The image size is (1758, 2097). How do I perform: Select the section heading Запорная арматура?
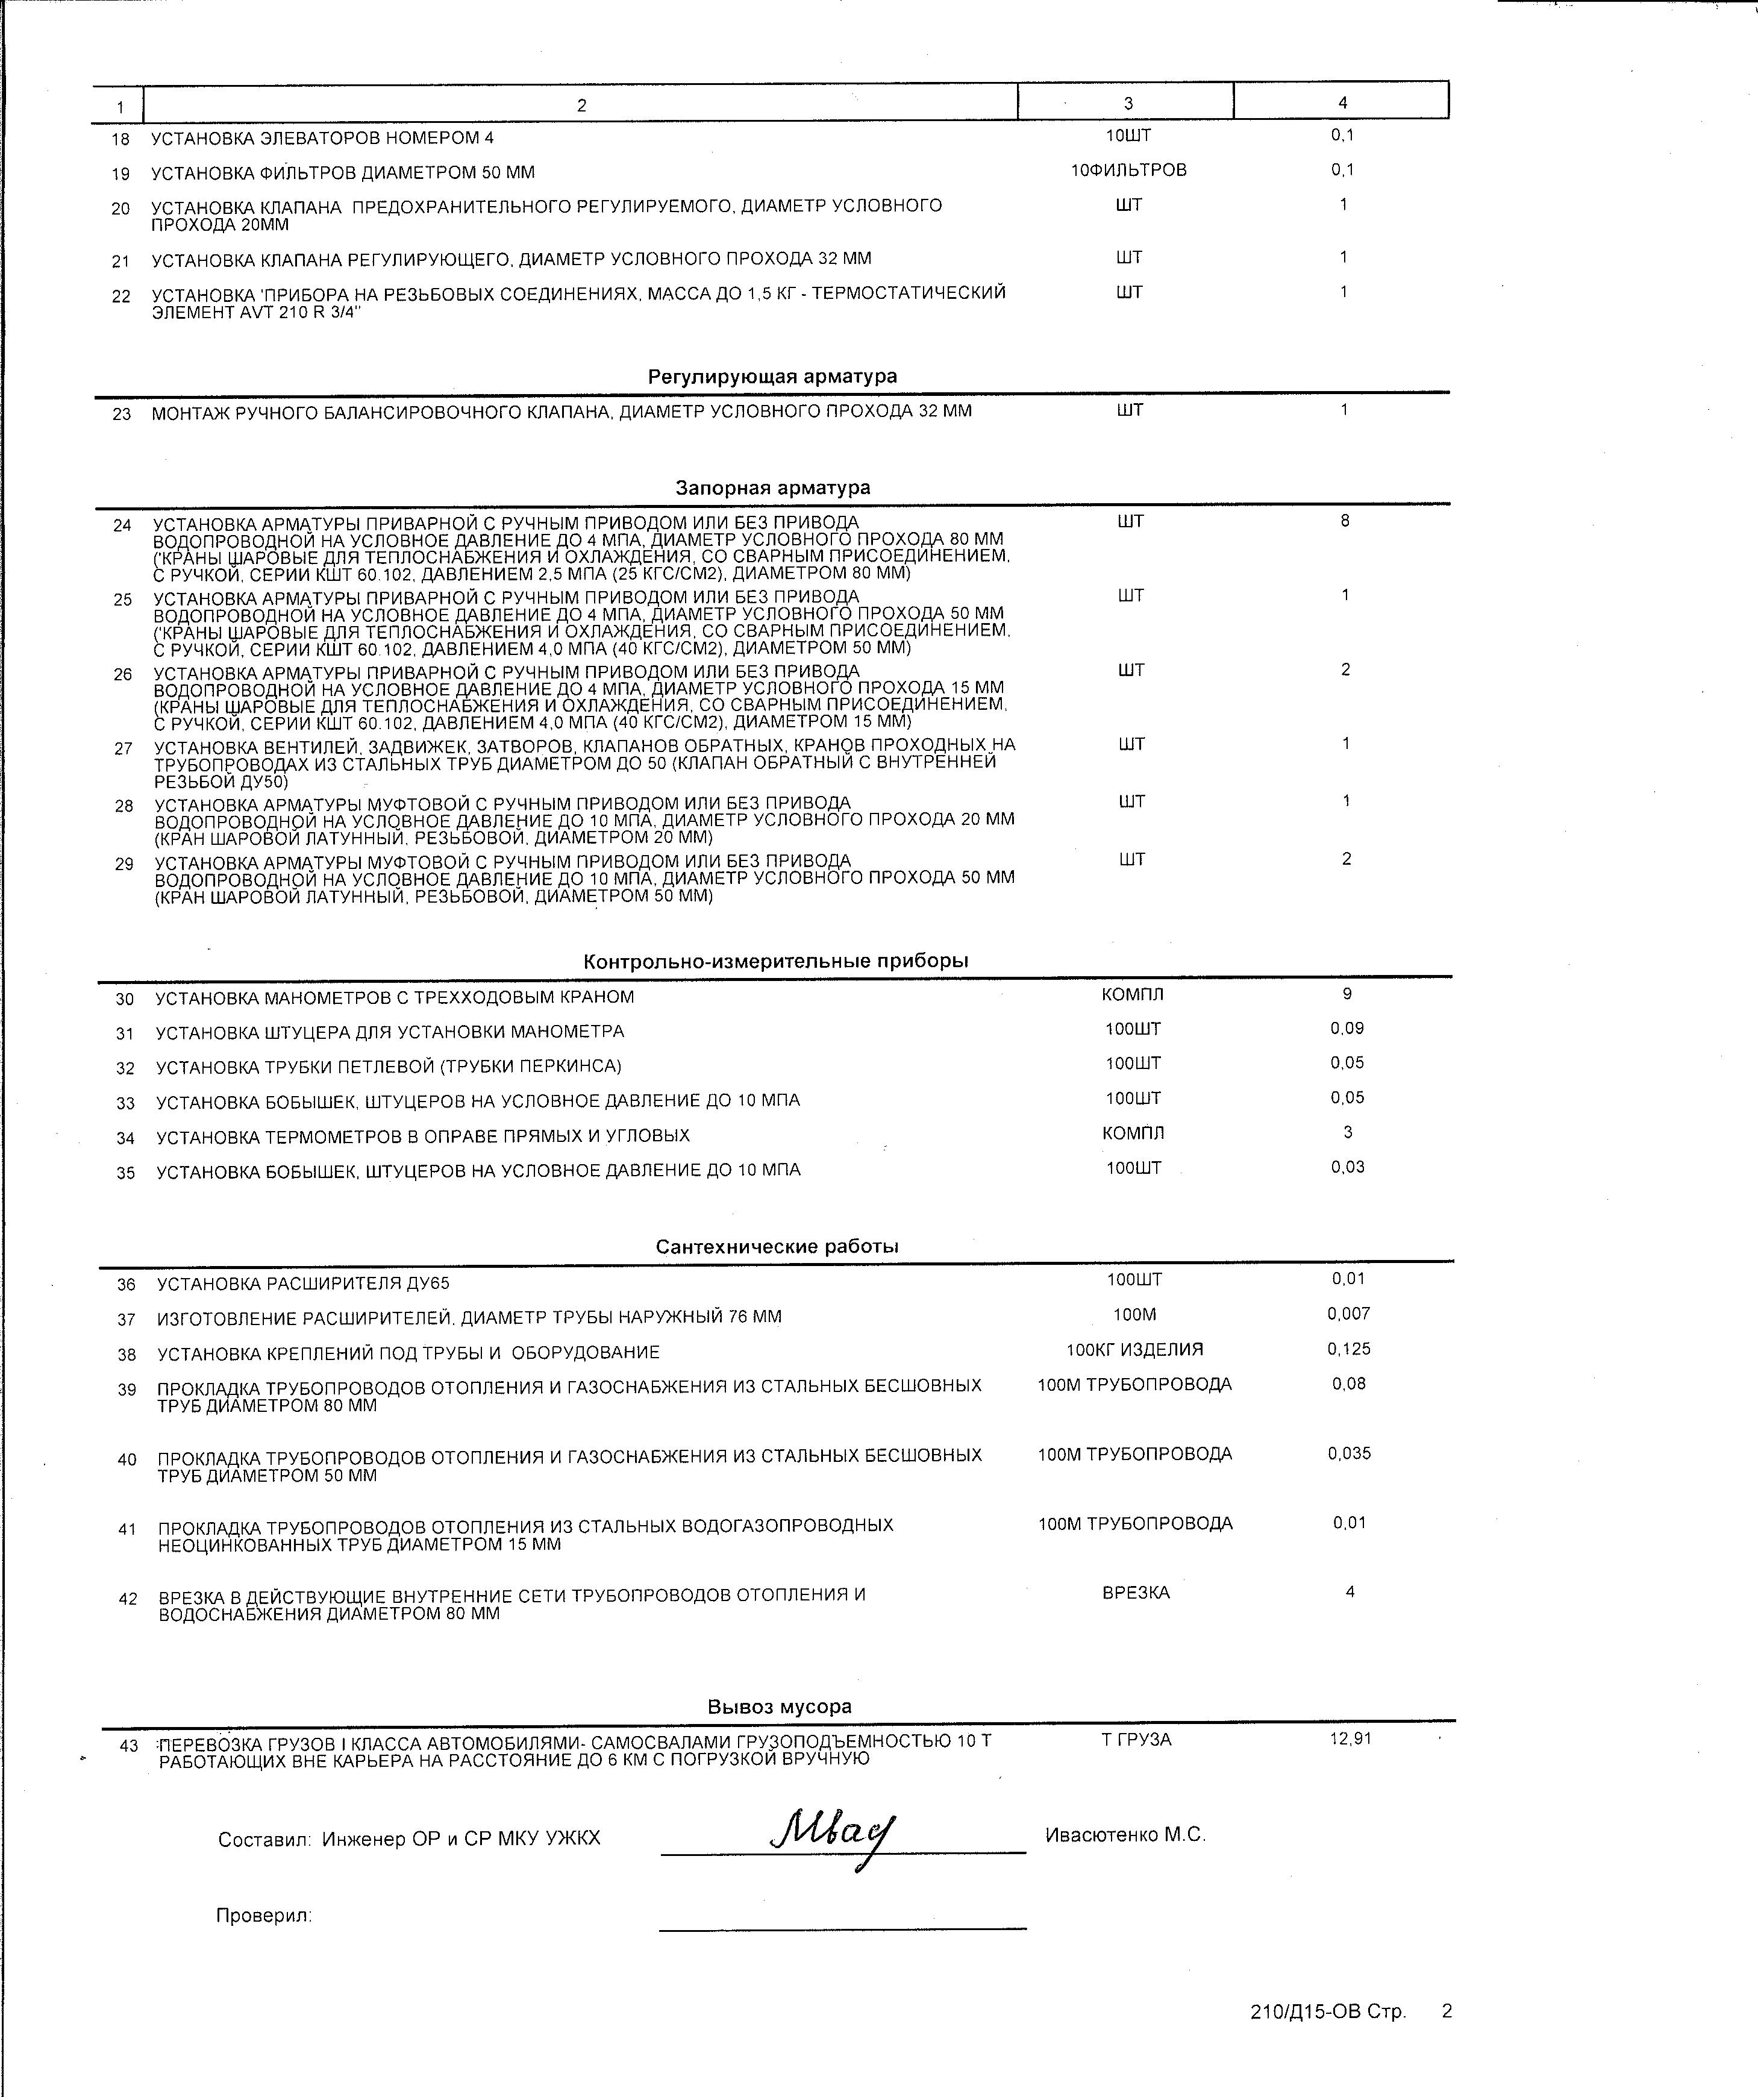(773, 488)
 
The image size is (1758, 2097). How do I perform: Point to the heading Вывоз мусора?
(780, 1707)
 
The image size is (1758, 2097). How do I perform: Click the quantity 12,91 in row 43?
(1351, 1738)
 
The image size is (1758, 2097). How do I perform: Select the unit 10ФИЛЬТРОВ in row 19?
(1129, 171)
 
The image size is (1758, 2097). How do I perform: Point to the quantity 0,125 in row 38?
(1349, 1349)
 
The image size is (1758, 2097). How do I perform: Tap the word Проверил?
(263, 1915)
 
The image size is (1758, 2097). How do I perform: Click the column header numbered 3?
(1128, 103)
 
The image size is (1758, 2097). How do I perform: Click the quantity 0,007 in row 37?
(1349, 1314)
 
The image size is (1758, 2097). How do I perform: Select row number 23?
(122, 413)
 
